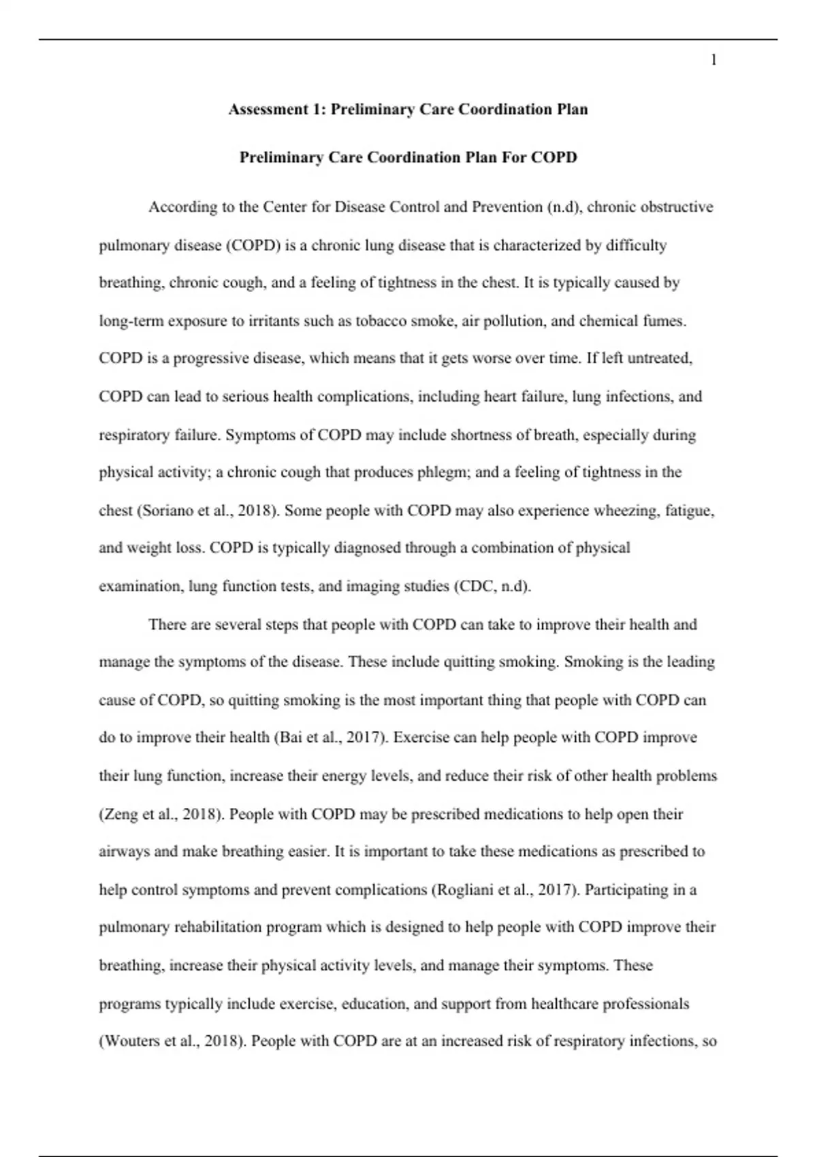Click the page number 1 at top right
pos(714,61)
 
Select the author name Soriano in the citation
pos(167,510)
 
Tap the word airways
pos(124,851)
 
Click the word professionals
pos(643,1004)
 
